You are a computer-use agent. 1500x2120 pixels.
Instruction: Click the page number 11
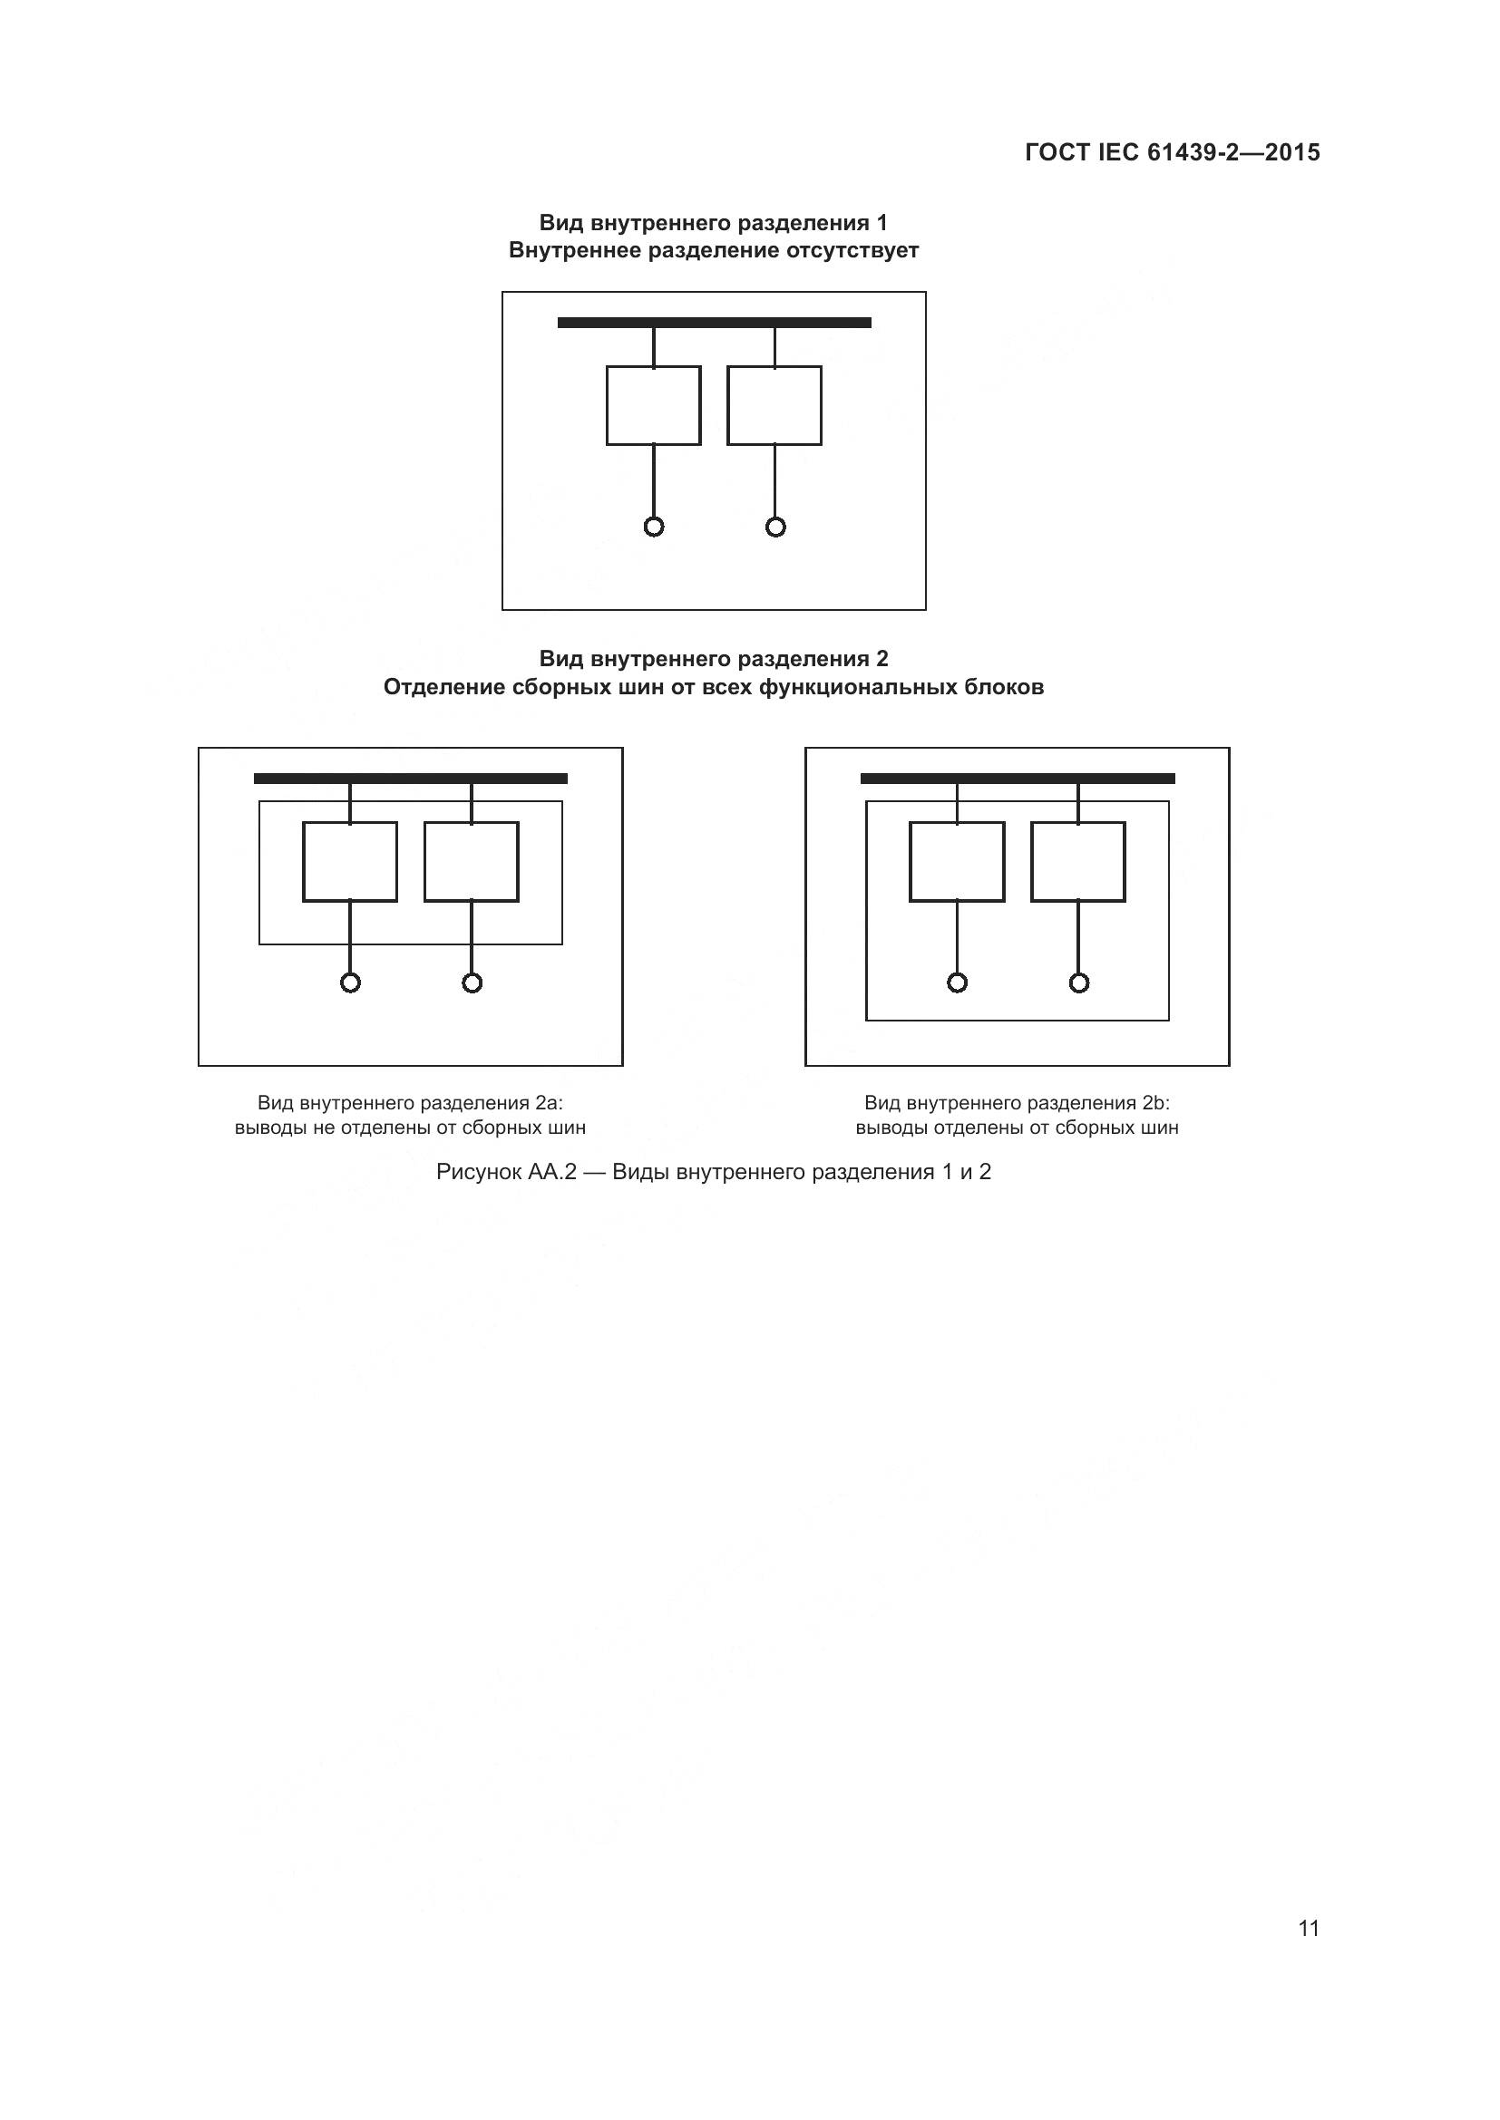coord(1308,1928)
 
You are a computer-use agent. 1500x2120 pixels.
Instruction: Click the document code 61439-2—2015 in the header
coord(1233,152)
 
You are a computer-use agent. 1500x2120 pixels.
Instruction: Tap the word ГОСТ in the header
coord(1057,152)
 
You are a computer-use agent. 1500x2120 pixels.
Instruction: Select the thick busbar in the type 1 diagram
coord(714,323)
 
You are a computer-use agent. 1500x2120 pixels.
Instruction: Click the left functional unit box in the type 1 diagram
coord(653,405)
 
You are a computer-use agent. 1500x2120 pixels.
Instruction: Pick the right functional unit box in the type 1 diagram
coord(774,405)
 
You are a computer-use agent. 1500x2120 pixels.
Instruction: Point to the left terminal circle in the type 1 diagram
coord(654,528)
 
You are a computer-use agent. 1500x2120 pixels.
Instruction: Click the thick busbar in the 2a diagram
coord(410,779)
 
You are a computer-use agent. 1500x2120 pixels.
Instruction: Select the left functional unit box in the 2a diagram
coord(350,861)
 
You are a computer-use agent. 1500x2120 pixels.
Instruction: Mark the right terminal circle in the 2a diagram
coord(472,983)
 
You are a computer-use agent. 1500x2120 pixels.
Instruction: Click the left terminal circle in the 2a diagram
coord(350,983)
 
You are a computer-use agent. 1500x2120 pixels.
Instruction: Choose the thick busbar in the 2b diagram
coord(1017,779)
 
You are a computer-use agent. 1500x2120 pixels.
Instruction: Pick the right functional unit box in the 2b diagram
coord(1078,861)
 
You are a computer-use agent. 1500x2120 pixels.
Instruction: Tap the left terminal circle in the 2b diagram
coord(957,983)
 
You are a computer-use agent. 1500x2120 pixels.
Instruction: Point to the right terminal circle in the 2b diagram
coord(1079,983)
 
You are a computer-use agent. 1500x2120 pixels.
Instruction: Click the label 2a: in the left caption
coord(549,1102)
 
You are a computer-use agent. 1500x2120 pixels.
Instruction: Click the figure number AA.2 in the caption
coord(551,1172)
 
